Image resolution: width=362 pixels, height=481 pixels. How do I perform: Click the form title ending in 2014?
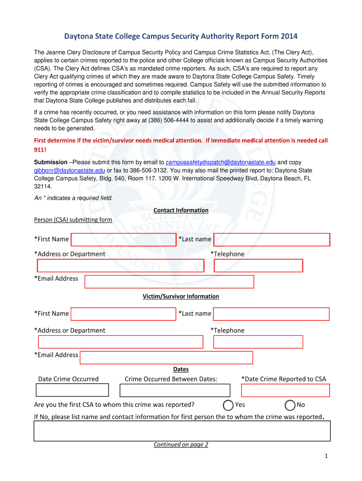(181, 36)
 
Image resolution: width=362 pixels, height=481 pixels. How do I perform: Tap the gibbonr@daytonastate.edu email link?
(70, 170)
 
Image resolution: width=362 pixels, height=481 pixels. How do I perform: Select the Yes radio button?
(228, 405)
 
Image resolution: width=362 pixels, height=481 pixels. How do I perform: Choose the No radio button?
(291, 405)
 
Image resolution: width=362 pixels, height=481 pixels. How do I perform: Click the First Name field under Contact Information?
(123, 240)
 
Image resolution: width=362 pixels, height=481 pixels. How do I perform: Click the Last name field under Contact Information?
(272, 240)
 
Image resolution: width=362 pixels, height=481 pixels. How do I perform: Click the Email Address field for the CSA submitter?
(169, 281)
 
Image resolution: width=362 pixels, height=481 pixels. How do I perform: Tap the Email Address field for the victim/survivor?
(166, 357)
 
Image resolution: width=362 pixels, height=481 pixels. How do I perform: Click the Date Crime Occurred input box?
(72, 390)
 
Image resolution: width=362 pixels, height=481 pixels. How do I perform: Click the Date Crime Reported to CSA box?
(285, 390)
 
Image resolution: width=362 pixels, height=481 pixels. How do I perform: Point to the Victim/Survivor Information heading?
(181, 296)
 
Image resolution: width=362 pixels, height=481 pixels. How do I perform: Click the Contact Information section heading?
(181, 210)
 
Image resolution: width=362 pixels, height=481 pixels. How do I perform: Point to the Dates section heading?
(181, 369)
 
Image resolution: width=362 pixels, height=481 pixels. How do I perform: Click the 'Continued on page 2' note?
(181, 444)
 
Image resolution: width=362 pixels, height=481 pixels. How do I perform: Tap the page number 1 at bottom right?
(325, 456)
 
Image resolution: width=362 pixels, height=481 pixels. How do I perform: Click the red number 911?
(40, 150)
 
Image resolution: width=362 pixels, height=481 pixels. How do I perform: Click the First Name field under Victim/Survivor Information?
(123, 314)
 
